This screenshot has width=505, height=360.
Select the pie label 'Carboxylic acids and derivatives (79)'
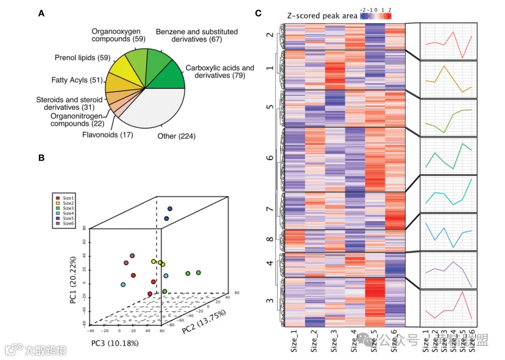pos(219,72)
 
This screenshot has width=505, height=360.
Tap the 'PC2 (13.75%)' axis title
pos(203,321)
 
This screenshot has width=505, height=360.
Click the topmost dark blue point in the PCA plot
pos(169,209)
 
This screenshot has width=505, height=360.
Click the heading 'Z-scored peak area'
pos(322,14)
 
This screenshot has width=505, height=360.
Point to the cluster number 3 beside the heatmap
pos(270,302)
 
